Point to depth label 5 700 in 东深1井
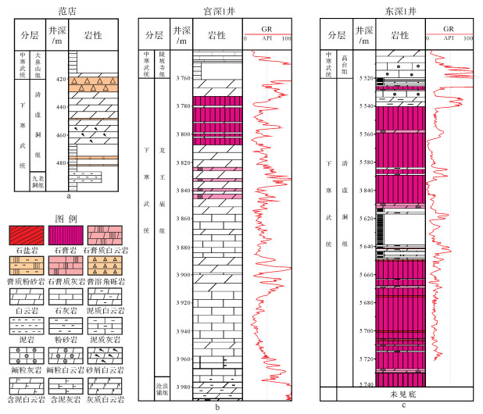point(364,331)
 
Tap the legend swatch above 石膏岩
point(69,233)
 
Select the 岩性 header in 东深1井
point(399,34)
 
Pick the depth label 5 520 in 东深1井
point(364,79)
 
